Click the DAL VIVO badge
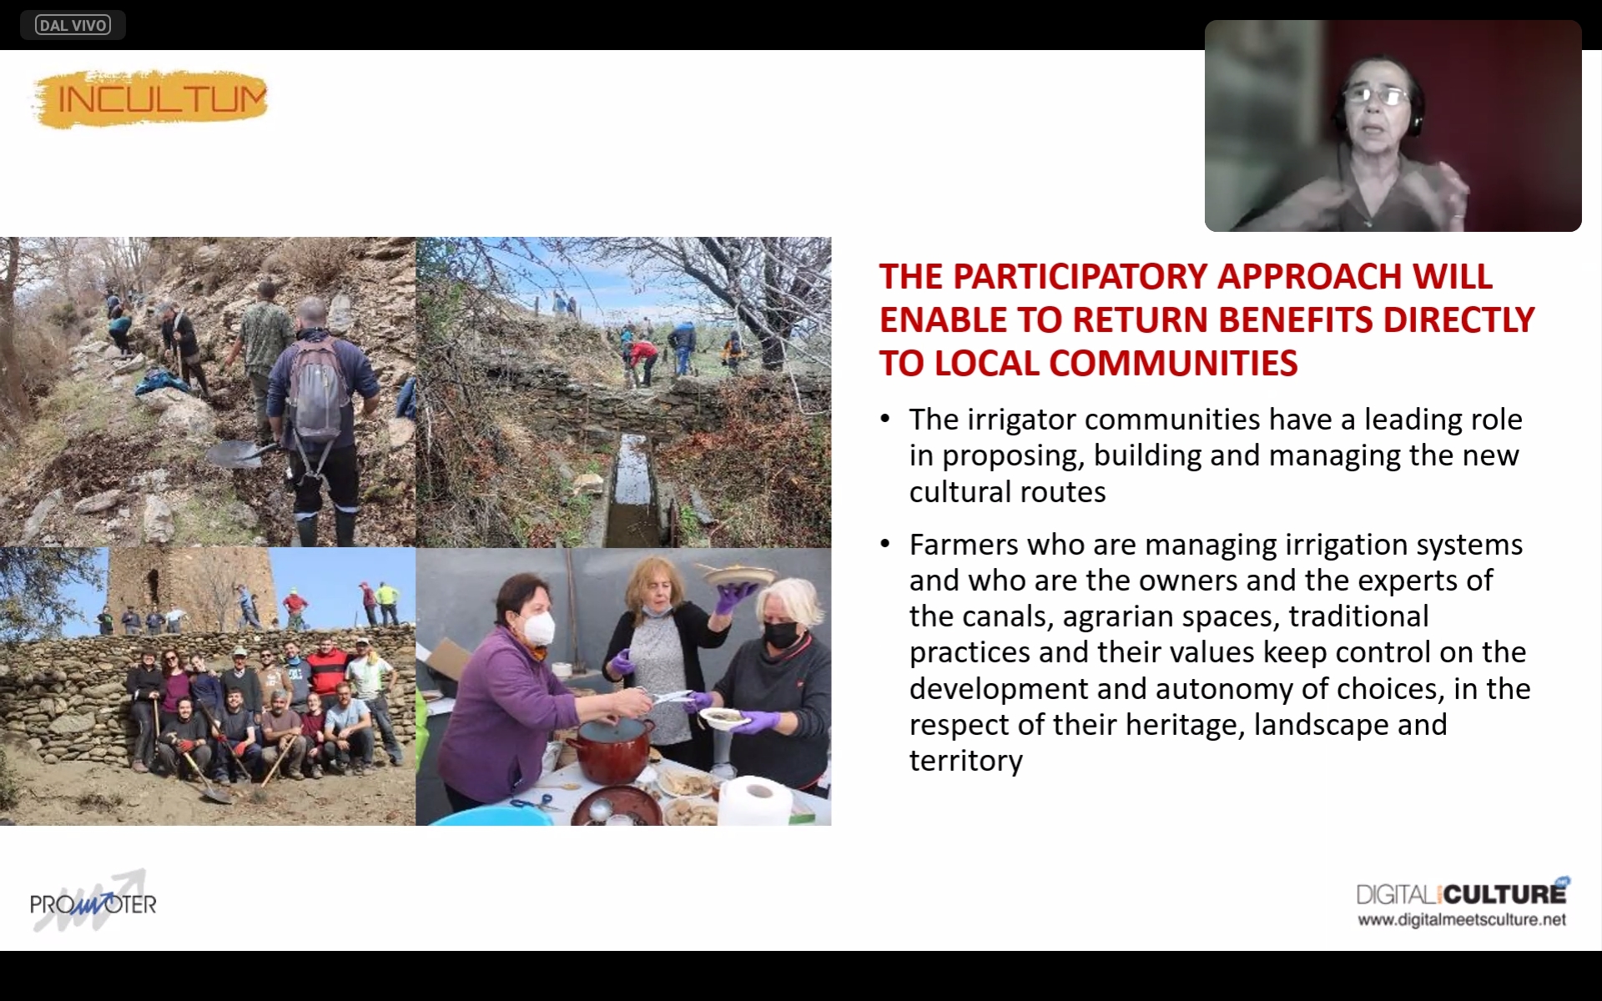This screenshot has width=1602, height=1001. (73, 25)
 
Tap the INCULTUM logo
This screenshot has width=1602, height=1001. (151, 99)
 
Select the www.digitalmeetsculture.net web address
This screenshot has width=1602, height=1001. (1462, 920)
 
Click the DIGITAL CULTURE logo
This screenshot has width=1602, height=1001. (1463, 893)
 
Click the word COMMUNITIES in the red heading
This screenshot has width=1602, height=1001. (1173, 364)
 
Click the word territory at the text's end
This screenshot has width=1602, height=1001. (965, 761)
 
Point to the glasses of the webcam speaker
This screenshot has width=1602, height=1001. (1381, 96)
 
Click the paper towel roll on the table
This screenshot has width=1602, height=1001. (755, 800)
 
